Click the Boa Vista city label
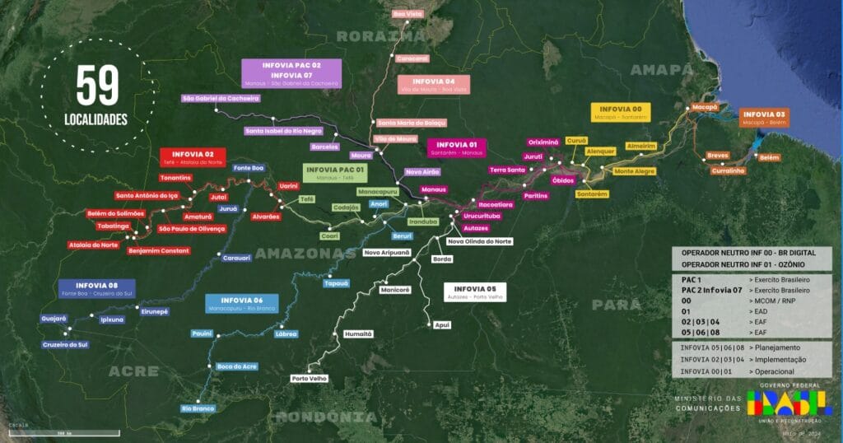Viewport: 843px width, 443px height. [408, 14]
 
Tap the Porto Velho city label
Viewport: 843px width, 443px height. [310, 379]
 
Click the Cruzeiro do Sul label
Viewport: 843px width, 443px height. [65, 344]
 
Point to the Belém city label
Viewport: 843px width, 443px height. [770, 156]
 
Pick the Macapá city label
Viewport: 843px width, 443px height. [705, 107]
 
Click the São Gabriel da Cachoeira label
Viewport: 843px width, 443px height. [221, 98]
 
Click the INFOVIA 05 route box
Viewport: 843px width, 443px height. [475, 291]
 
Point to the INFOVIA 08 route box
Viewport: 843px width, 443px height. [97, 288]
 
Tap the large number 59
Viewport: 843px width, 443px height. [97, 85]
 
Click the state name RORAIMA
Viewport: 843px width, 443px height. [380, 36]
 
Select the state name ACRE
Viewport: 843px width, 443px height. [133, 371]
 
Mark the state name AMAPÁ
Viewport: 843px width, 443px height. [663, 70]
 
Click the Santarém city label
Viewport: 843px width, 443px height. [592, 194]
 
